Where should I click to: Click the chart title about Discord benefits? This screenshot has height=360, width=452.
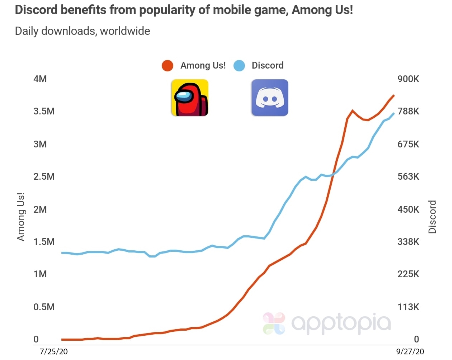pos(184,10)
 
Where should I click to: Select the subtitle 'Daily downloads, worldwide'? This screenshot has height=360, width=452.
pos(82,31)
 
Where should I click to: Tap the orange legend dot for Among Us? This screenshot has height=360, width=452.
pos(167,66)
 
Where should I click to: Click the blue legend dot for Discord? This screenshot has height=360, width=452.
pos(239,66)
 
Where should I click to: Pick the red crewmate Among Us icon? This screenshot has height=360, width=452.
pos(190,98)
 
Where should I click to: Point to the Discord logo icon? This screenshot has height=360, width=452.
pos(270,98)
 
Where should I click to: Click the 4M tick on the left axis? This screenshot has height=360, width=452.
pos(40,79)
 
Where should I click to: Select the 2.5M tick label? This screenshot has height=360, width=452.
pos(44,176)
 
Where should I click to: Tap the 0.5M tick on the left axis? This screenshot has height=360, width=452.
pos(44,307)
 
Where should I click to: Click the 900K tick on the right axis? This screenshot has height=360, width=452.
pos(408,79)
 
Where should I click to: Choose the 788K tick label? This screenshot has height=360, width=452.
pos(408,111)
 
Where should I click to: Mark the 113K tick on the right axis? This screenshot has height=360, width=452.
pos(408,307)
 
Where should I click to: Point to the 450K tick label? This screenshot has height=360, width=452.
pos(408,209)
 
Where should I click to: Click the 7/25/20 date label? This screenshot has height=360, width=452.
pos(54,351)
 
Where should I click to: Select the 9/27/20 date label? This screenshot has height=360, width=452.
pos(410,351)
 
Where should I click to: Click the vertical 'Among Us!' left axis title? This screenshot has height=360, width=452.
pos(21,217)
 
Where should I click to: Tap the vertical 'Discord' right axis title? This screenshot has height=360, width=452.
pos(432,217)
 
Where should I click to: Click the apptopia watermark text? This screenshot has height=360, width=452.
pos(341,323)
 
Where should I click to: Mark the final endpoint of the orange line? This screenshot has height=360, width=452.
pos(394,95)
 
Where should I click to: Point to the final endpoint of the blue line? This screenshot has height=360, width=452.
pos(394,113)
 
